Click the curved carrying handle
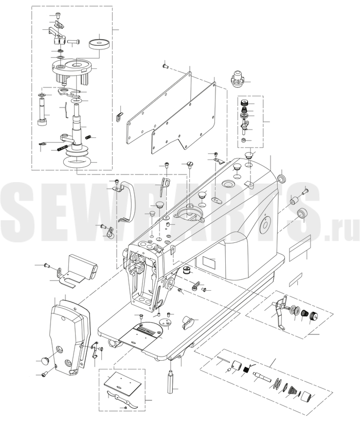(132, 200)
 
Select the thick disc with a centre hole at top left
(99, 44)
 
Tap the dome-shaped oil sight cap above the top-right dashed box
(237, 78)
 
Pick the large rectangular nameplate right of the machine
(300, 248)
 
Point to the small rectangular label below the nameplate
(295, 279)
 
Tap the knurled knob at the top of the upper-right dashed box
(245, 102)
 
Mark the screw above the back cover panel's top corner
(165, 65)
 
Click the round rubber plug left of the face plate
(45, 360)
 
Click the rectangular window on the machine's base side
(209, 262)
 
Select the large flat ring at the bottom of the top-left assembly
(77, 163)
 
